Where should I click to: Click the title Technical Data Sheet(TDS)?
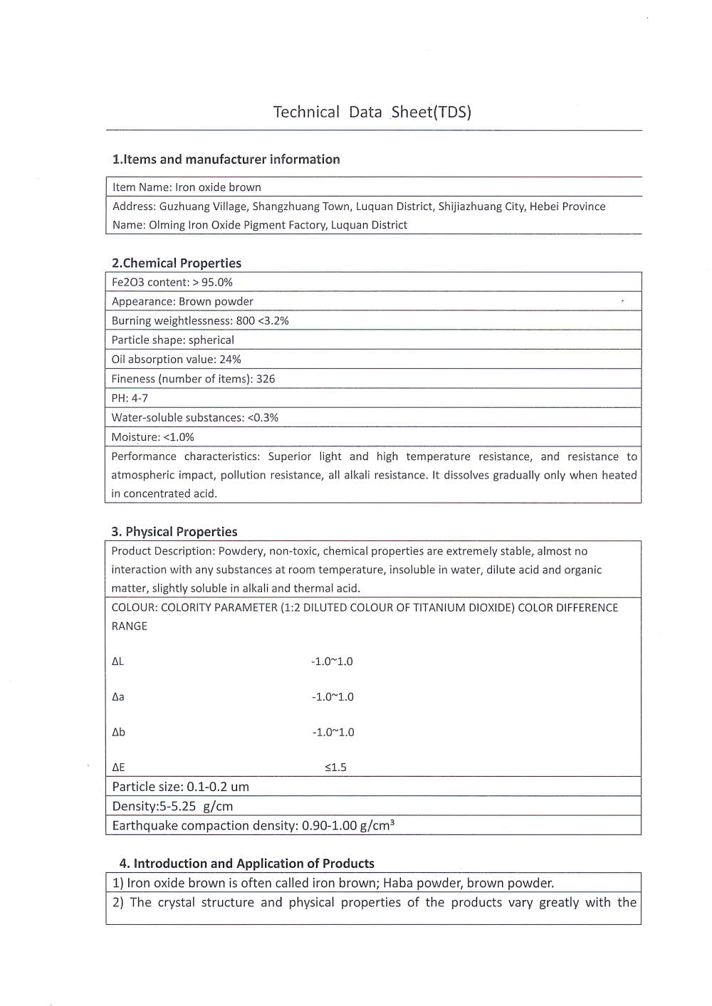[x=372, y=112]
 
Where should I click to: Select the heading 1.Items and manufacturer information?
[x=226, y=159]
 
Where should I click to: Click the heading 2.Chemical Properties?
[x=176, y=263]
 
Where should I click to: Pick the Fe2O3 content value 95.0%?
[x=216, y=282]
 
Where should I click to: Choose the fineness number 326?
[x=266, y=379]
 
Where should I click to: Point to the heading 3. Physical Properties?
[x=174, y=532]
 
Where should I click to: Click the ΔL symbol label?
[x=117, y=661]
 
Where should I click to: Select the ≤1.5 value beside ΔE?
[x=335, y=767]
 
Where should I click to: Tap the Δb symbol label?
[x=118, y=732]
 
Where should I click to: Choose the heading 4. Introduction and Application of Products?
[x=246, y=864]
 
